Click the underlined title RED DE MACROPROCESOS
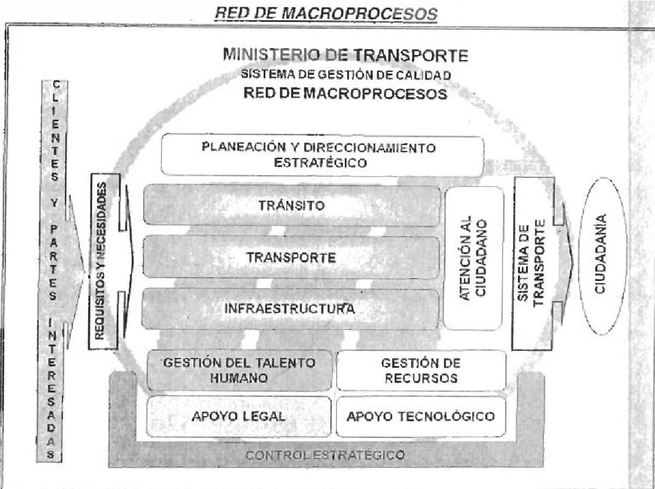326,13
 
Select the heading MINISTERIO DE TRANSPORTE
345,55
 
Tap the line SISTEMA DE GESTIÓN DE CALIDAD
346,75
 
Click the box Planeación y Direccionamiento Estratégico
322,155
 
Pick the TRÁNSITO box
292,205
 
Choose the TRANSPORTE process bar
291,257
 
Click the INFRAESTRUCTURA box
291,308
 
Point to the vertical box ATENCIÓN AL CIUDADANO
474,258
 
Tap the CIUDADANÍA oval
602,256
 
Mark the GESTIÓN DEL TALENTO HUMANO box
239,370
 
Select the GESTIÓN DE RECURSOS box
421,370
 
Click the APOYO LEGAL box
238,416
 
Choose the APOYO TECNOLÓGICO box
420,416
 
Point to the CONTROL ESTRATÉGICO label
324,455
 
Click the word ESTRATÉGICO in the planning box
321,162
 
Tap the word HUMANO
239,378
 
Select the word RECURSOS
421,378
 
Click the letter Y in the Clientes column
54,203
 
